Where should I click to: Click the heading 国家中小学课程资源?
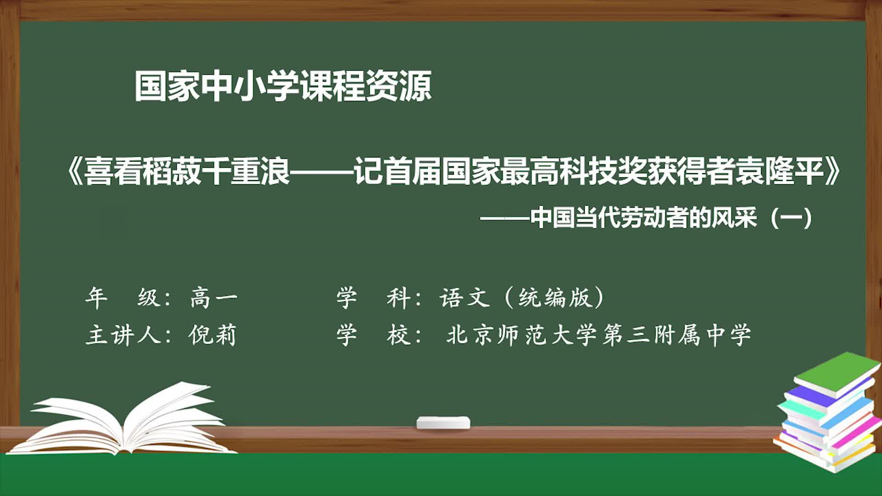pyautogui.click(x=283, y=86)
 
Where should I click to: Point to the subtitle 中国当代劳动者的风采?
pyautogui.click(x=643, y=218)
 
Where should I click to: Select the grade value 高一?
pyautogui.click(x=214, y=298)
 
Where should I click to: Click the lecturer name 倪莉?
pyautogui.click(x=212, y=335)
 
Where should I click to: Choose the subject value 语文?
pyautogui.click(x=464, y=298)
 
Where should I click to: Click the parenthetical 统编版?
pyautogui.click(x=554, y=298)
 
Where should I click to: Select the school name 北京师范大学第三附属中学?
pyautogui.click(x=599, y=335)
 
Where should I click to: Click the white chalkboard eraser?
pyautogui.click(x=443, y=423)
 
